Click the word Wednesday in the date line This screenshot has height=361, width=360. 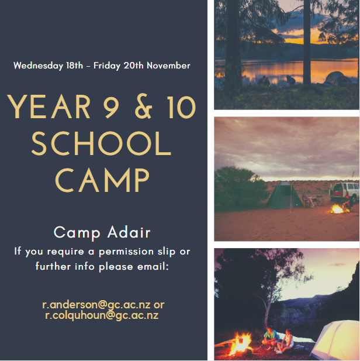pos(38,66)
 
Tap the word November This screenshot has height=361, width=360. pos(168,66)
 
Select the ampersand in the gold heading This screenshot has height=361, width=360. pos(144,106)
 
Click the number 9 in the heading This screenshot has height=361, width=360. pos(111,107)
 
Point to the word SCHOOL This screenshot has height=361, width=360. pos(101,143)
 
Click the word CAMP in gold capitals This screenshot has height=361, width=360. pos(102,180)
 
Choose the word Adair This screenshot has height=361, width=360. pos(129,232)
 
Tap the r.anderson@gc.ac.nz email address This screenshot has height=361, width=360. pos(96,305)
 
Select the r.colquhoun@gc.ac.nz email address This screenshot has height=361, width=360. pos(102,315)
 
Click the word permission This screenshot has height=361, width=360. pos(126,252)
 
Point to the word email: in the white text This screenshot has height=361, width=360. pos(153,267)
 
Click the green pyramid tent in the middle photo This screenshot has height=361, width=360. pos(285,195)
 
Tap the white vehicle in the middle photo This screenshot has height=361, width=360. pos(345,191)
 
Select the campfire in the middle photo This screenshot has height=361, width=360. pos(337,209)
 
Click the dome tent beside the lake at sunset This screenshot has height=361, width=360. pos(337,79)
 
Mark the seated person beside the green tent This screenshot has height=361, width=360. pos(308,200)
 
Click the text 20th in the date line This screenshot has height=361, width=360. pos(134,66)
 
